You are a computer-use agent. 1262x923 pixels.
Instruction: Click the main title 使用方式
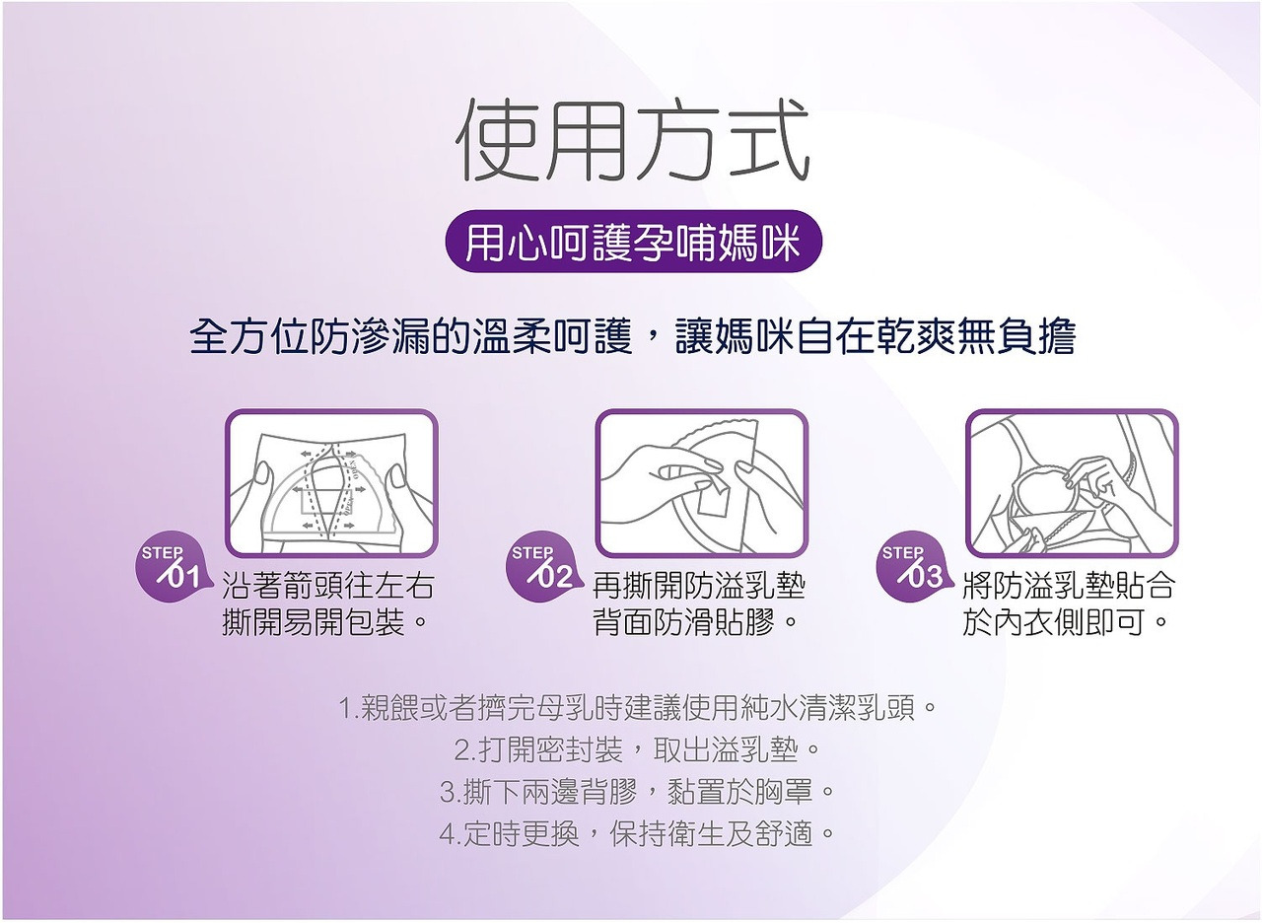[x=632, y=140]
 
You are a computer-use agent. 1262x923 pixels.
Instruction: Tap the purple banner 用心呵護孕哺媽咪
[x=632, y=241]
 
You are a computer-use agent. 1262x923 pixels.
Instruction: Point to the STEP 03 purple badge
[x=910, y=570]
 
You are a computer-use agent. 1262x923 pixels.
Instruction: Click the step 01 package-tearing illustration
[x=331, y=483]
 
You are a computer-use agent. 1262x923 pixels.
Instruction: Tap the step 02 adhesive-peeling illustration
[x=701, y=483]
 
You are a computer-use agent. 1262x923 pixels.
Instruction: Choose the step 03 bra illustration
[x=1071, y=483]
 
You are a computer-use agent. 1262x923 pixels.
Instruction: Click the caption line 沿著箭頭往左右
[x=327, y=587]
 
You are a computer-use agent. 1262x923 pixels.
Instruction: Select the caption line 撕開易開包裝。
[x=327, y=623]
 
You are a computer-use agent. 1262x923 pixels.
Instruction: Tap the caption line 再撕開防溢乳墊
[x=699, y=587]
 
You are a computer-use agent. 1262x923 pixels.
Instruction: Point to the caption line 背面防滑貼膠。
[x=699, y=623]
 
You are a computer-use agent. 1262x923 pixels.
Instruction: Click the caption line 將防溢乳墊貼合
[x=1069, y=587]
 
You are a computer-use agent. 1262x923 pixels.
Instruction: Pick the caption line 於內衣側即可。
[x=1069, y=623]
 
